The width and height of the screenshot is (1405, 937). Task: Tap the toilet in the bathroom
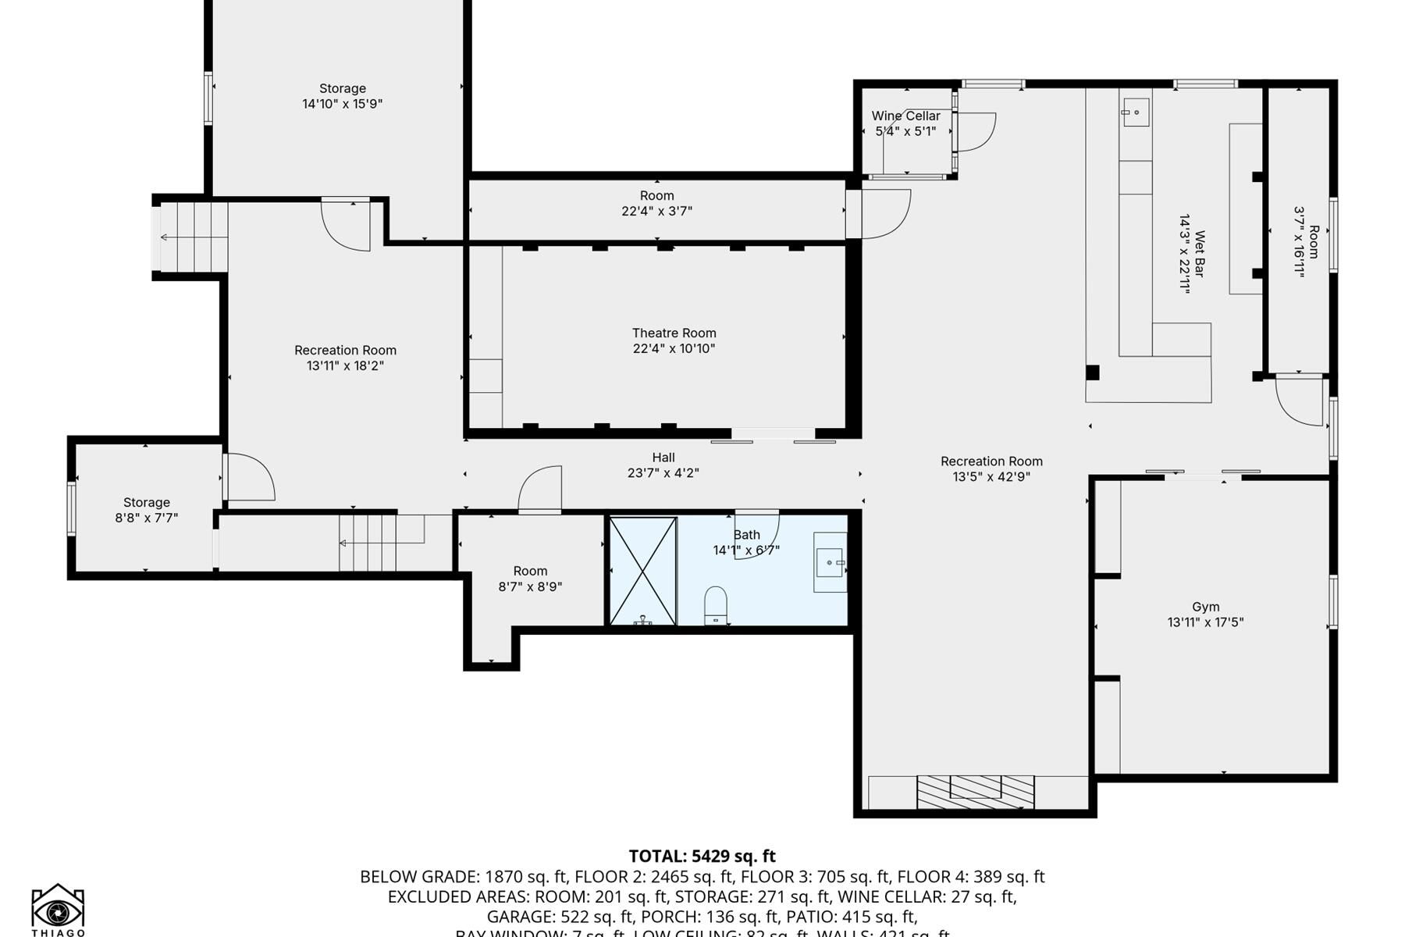[x=716, y=606]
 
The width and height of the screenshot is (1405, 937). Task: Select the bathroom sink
[x=830, y=562]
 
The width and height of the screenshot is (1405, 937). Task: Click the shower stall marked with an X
[x=642, y=571]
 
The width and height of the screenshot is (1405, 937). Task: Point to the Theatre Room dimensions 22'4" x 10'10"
[x=674, y=349]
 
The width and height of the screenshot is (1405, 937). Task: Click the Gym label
[x=1205, y=607]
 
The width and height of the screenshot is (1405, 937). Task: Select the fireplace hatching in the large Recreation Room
[x=975, y=792]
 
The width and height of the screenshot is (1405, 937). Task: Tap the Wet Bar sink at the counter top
[x=1136, y=112]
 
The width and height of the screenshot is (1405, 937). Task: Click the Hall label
[x=663, y=458]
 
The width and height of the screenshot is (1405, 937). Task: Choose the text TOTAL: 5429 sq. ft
[x=702, y=857]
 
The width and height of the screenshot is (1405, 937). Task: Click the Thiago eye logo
[x=58, y=910]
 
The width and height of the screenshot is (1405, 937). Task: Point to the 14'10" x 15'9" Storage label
[x=342, y=96]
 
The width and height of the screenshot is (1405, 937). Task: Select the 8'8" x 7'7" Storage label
[x=147, y=510]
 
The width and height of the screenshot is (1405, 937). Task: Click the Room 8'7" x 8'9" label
[x=530, y=579]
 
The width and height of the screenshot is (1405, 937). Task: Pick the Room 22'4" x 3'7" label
[x=656, y=203]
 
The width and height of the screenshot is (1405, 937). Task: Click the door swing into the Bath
[x=756, y=535]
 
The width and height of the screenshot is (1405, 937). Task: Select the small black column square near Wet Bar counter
[x=1093, y=373]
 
